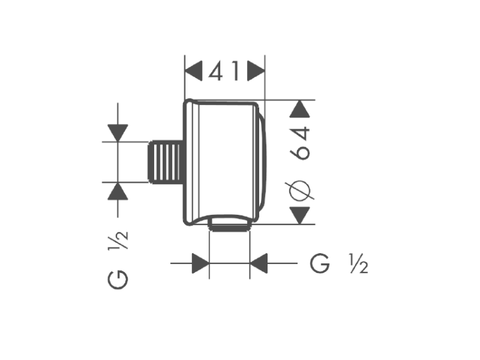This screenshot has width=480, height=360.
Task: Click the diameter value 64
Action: (x=300, y=143)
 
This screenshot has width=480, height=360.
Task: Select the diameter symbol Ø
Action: (x=300, y=191)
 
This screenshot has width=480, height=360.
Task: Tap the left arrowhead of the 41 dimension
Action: (x=193, y=71)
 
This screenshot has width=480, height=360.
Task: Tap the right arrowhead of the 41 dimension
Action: (x=256, y=71)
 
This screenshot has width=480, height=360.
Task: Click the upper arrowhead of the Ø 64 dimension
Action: (x=300, y=109)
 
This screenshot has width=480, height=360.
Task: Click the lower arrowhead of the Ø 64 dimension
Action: (x=300, y=215)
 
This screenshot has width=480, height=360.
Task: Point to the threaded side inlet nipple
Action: (x=166, y=162)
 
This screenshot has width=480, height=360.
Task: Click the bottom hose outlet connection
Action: (x=229, y=224)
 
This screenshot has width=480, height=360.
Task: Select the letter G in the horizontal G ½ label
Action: (x=320, y=263)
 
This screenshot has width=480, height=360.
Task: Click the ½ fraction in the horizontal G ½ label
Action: (x=359, y=263)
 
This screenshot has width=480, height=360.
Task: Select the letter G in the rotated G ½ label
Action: (x=118, y=279)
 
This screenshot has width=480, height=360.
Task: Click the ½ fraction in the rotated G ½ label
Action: (x=118, y=240)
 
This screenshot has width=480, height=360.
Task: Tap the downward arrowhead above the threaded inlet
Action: (x=118, y=133)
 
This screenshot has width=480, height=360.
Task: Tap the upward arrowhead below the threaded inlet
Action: (x=118, y=191)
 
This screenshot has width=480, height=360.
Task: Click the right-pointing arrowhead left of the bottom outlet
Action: (x=200, y=263)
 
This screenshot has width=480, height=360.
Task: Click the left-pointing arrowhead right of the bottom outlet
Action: (x=259, y=263)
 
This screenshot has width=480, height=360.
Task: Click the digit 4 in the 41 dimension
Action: (x=216, y=71)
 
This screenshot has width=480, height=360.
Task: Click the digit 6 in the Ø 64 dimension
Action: (x=300, y=152)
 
